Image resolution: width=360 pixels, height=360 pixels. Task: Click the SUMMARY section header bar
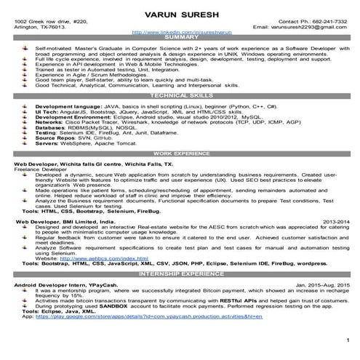click(x=179, y=39)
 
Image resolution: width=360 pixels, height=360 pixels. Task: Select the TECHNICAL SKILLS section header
click(x=179, y=95)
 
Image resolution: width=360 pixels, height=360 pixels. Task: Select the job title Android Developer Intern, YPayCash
click(x=65, y=284)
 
